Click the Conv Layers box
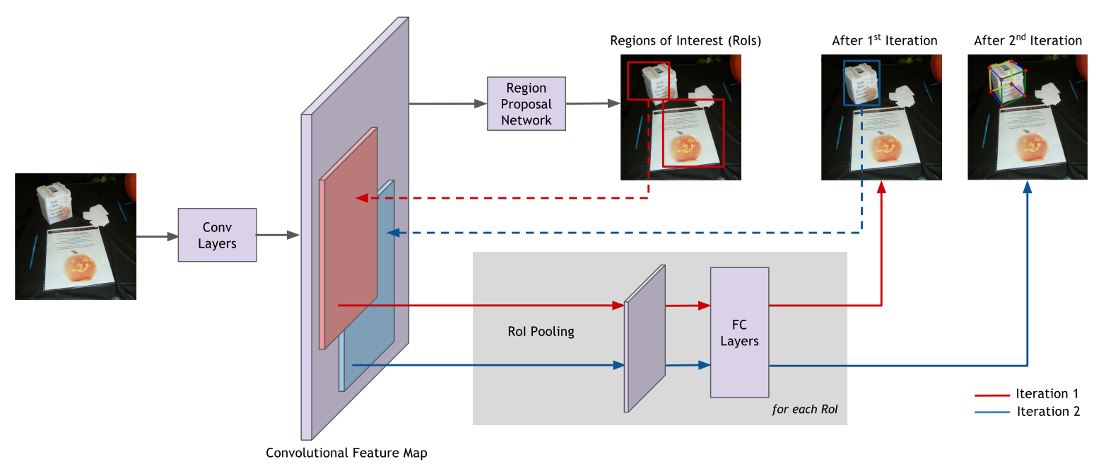pyautogui.click(x=217, y=236)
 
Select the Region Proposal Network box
pyautogui.click(x=526, y=103)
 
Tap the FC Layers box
pyautogui.click(x=739, y=332)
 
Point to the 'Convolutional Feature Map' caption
pyautogui.click(x=346, y=453)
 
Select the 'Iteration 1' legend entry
pyautogui.click(x=1047, y=394)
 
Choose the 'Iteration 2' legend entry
pyautogui.click(x=1048, y=412)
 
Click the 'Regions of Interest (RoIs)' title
pyautogui.click(x=686, y=41)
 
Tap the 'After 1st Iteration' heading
pyautogui.click(x=884, y=41)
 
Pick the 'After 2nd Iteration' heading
pyautogui.click(x=1028, y=41)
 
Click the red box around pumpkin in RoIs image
pyautogui.click(x=693, y=133)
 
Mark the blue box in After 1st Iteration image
pyautogui.click(x=861, y=83)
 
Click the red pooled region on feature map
pyautogui.click(x=348, y=241)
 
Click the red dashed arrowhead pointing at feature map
pyautogui.click(x=360, y=198)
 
